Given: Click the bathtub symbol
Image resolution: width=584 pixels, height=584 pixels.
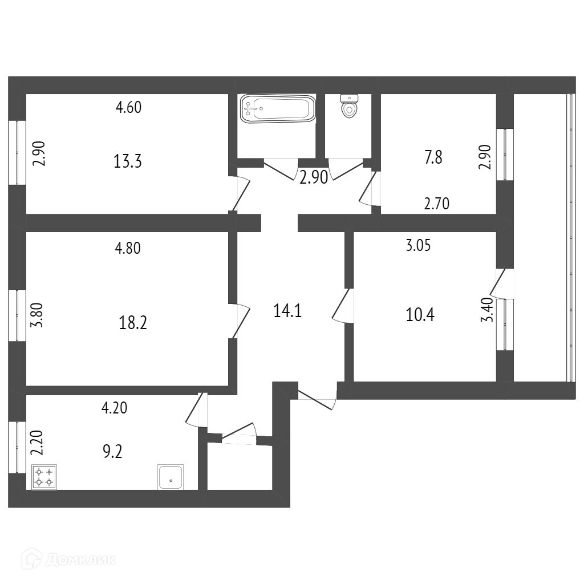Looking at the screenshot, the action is coord(278,108).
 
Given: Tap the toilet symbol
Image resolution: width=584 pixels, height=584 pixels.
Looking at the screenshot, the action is coord(348,106).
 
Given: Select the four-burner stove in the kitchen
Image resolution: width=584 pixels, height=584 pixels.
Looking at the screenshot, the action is coord(44,477).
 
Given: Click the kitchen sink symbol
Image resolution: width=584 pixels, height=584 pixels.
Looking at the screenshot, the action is coord(171,477).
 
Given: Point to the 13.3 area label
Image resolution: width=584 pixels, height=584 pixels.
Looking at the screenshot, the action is coord(127,162).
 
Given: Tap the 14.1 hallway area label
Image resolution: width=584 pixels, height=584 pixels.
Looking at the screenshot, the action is coord(287,311).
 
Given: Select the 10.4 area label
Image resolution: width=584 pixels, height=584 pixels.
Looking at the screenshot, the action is coord(420,314).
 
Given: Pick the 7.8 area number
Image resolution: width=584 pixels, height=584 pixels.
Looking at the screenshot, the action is coord(433,157).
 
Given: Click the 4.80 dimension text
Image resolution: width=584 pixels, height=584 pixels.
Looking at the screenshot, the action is coord(128,248).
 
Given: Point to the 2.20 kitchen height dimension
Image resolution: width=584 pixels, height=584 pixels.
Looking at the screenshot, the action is coord(35,442).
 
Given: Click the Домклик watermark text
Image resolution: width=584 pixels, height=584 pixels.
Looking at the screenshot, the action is coord(80,559).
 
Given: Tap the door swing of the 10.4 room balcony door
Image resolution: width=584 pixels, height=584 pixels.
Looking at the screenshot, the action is coord(500,283).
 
